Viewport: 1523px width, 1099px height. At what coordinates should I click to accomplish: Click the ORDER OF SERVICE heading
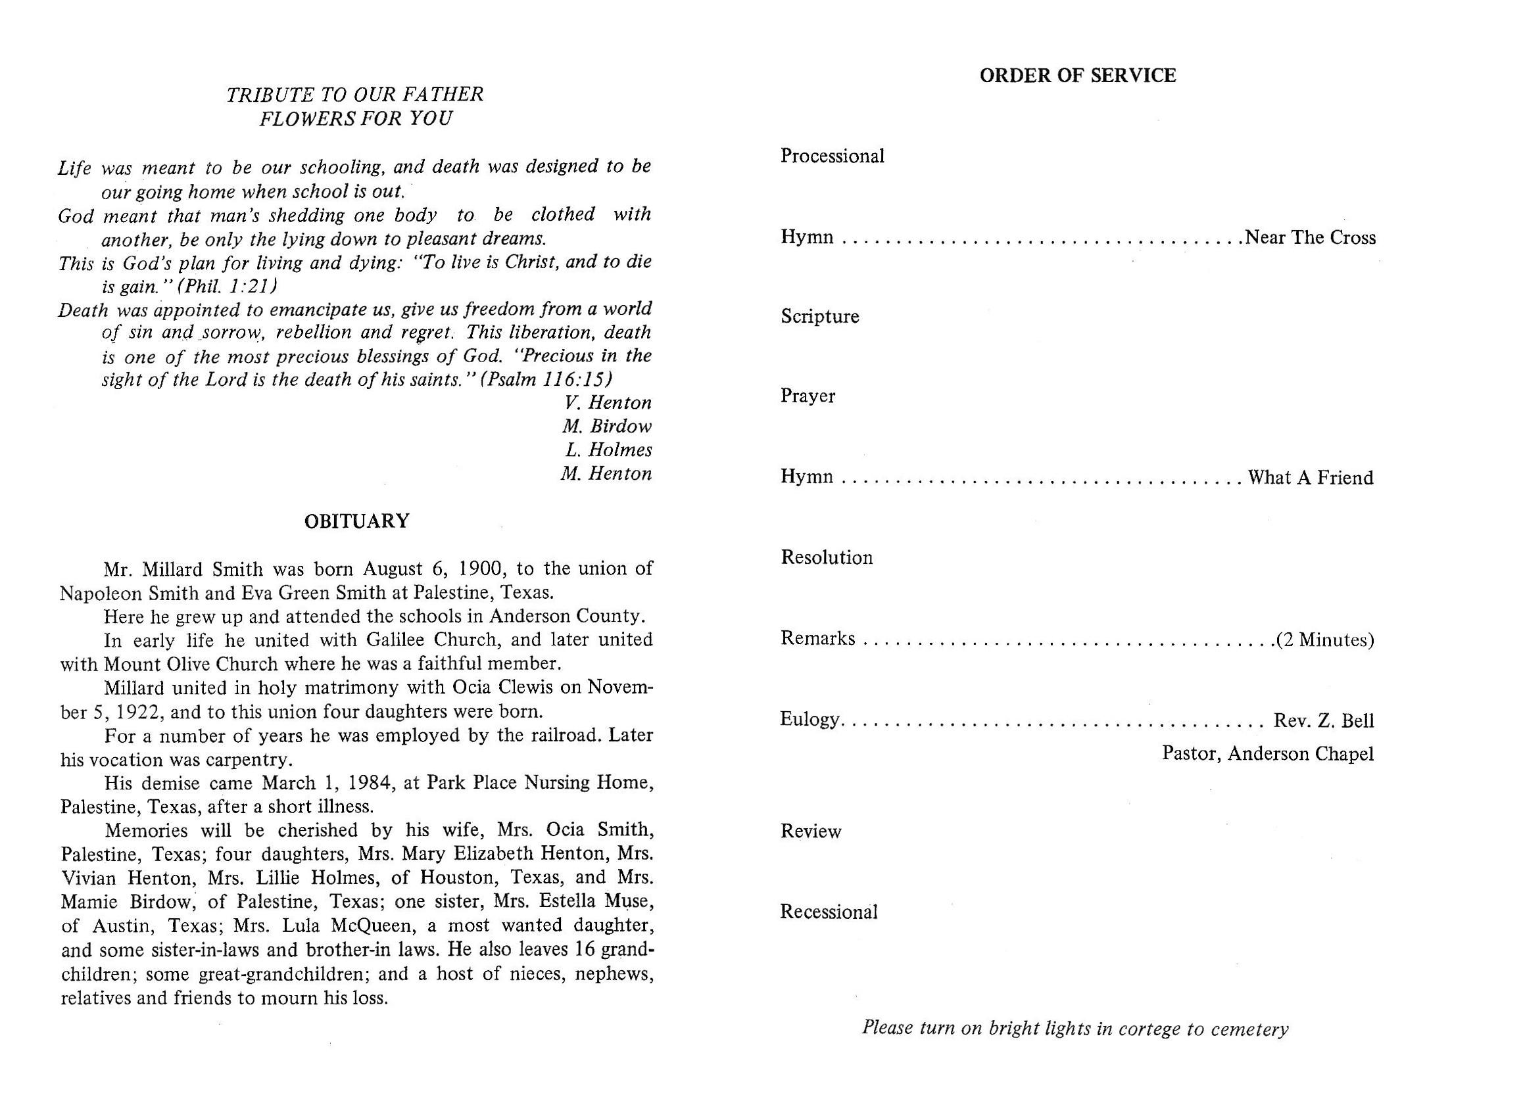click(x=1077, y=76)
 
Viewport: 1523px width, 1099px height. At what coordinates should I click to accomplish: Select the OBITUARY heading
click(x=356, y=522)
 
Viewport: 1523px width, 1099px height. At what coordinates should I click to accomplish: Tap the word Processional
click(x=832, y=156)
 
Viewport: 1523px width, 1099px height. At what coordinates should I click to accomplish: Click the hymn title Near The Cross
click(x=1310, y=238)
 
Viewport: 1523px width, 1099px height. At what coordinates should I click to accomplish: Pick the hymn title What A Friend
click(x=1310, y=477)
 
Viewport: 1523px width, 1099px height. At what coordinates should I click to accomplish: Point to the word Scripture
click(x=819, y=316)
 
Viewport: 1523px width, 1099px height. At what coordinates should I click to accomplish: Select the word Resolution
click(x=826, y=557)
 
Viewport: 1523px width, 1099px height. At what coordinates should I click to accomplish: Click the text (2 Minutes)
click(x=1325, y=640)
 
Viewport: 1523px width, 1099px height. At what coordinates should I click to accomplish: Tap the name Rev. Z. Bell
click(x=1324, y=720)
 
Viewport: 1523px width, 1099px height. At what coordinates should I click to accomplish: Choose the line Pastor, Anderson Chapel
click(x=1267, y=754)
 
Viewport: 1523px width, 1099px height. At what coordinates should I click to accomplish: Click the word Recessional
click(x=829, y=912)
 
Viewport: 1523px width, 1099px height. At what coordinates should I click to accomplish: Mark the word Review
click(x=811, y=831)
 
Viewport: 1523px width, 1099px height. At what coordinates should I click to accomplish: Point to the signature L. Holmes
click(x=608, y=450)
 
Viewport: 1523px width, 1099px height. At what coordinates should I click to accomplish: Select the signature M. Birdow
click(x=607, y=427)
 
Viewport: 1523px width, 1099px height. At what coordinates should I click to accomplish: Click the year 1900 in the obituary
click(x=480, y=569)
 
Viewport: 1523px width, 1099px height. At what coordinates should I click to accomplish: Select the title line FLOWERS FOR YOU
click(x=355, y=119)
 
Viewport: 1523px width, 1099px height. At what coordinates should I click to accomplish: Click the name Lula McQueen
click(x=353, y=925)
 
